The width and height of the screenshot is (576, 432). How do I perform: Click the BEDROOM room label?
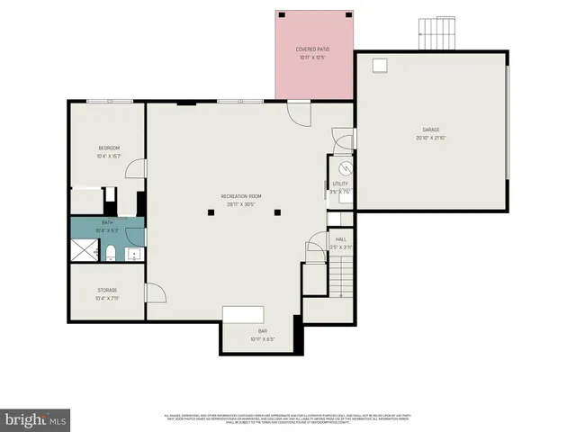[x=108, y=148]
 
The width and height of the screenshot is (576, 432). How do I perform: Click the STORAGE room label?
[x=107, y=290]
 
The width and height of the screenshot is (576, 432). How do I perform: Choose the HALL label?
[x=341, y=239]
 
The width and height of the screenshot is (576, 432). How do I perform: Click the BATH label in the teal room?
[x=107, y=221]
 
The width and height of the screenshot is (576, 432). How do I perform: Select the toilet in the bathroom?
[x=110, y=252]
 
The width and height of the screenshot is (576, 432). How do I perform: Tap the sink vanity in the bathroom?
[x=133, y=254]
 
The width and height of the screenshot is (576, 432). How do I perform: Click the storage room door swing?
[x=154, y=292]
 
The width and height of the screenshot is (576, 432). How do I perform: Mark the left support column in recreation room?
[x=211, y=212]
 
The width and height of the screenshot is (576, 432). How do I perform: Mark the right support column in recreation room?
[x=278, y=212]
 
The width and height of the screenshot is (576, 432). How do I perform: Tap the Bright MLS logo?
[x=36, y=419]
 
